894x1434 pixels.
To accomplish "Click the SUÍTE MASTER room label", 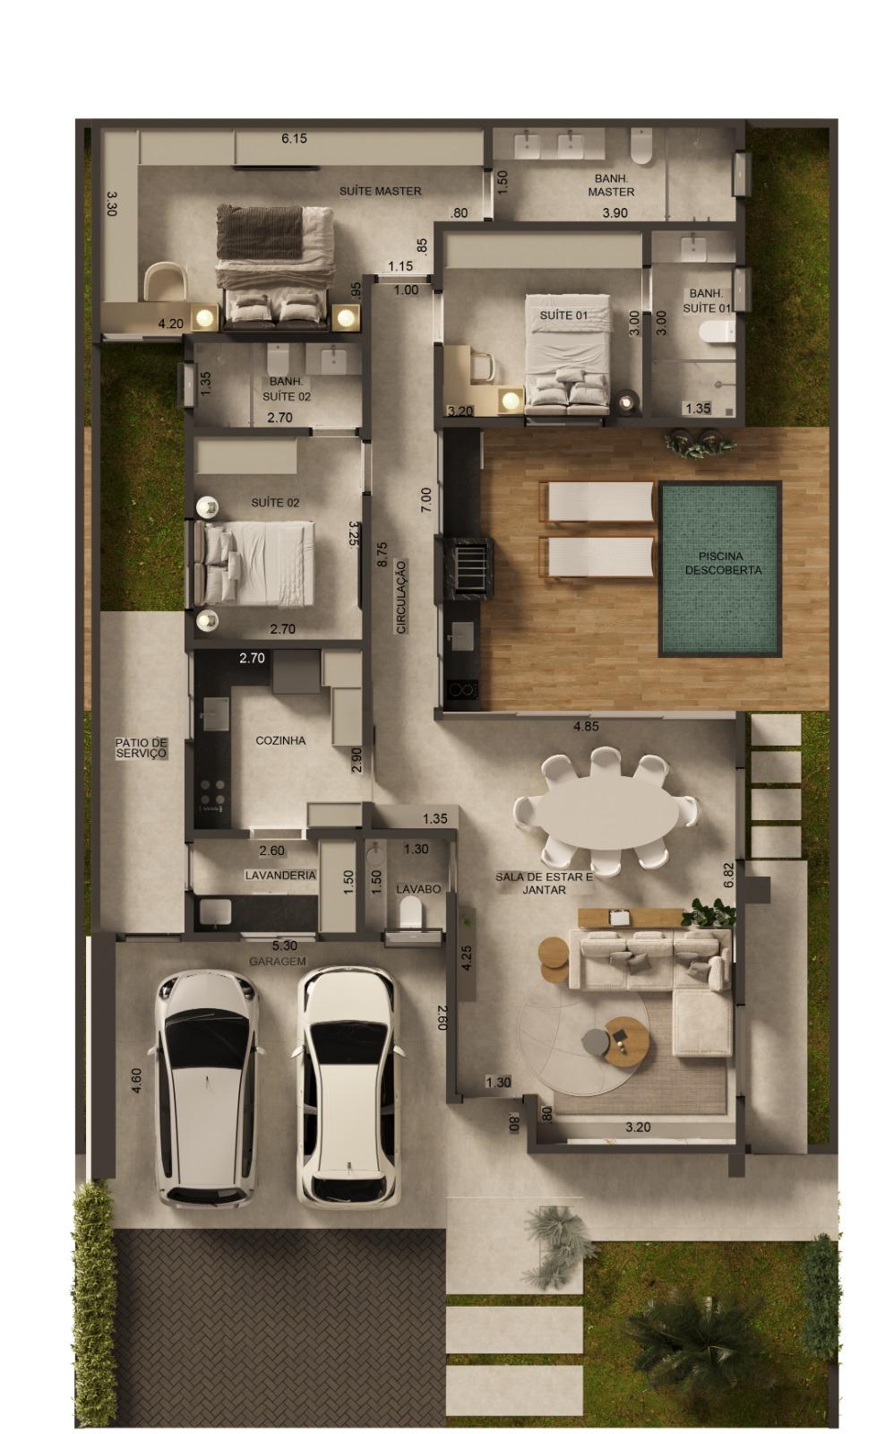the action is pyautogui.click(x=380, y=191).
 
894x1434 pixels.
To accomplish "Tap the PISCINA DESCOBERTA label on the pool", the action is pyautogui.click(x=723, y=563).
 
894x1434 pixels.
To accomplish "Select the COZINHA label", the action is pyautogui.click(x=280, y=740).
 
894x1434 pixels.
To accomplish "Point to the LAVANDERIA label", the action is pyautogui.click(x=280, y=875).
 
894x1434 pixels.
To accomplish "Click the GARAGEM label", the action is pyautogui.click(x=278, y=961).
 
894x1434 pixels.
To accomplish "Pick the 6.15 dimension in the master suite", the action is pyautogui.click(x=295, y=138).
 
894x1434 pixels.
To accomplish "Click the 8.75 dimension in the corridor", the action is pyautogui.click(x=382, y=555).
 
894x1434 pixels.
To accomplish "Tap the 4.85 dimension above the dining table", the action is pyautogui.click(x=586, y=726).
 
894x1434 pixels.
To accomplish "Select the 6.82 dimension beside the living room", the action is pyautogui.click(x=728, y=875).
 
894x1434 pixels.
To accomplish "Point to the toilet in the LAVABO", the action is pyautogui.click(x=411, y=911).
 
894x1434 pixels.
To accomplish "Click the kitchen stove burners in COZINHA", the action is pyautogui.click(x=213, y=792).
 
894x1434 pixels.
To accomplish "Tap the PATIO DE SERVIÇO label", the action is pyautogui.click(x=142, y=747).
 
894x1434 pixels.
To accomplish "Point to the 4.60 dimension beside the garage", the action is pyautogui.click(x=135, y=1081).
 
